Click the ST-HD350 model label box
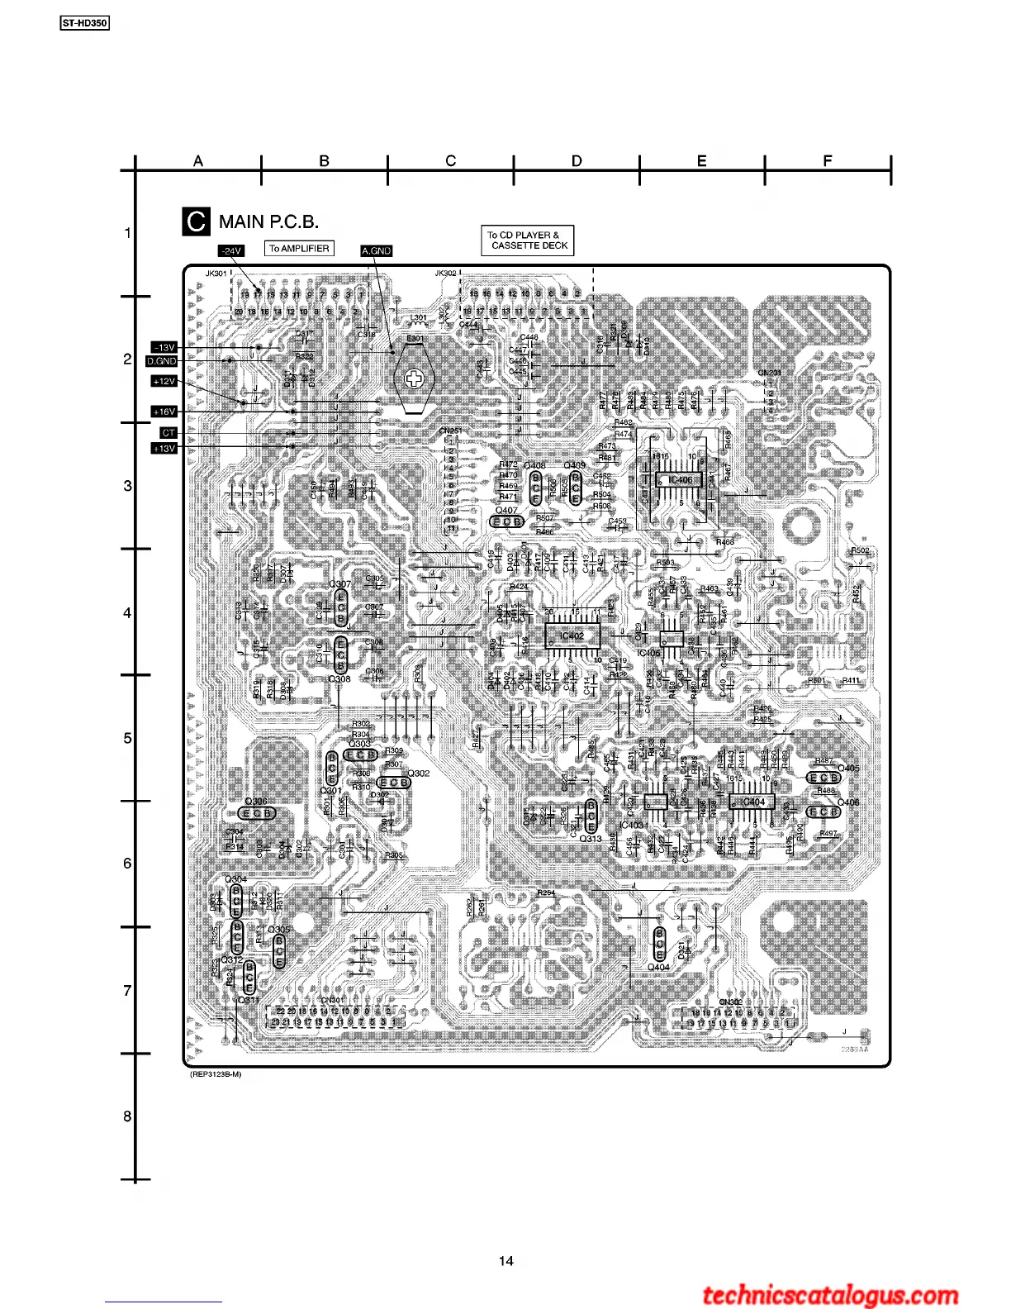click(x=84, y=23)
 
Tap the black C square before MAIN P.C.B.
click(x=196, y=221)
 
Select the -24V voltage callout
click(x=230, y=250)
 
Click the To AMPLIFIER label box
click(x=299, y=248)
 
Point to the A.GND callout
click(x=376, y=250)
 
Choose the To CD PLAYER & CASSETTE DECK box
click(x=527, y=240)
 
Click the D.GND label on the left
click(x=162, y=361)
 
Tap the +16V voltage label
click(x=164, y=412)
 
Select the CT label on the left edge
click(x=168, y=432)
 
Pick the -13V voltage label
click(x=164, y=347)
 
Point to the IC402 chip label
click(x=572, y=635)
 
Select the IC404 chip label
click(x=752, y=802)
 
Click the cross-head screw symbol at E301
click(x=413, y=379)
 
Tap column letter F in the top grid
click(x=828, y=161)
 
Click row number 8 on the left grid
click(x=127, y=1116)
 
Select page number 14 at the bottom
click(x=506, y=1261)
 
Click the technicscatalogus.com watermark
click(x=830, y=1296)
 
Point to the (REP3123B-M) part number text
click(x=216, y=1074)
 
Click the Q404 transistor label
click(x=658, y=967)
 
